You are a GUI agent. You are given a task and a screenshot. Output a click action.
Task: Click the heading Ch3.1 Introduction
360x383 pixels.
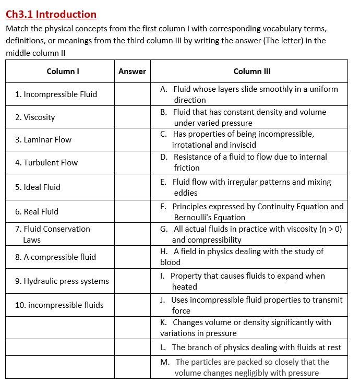(x=51, y=15)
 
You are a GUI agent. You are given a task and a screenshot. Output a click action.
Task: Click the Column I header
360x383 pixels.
(x=63, y=71)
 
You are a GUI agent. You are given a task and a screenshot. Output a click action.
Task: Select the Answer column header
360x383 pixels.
(x=132, y=71)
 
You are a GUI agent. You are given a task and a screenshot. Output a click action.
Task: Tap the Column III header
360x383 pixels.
(x=252, y=71)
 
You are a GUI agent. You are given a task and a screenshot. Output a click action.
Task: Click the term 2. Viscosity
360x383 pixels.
(x=35, y=117)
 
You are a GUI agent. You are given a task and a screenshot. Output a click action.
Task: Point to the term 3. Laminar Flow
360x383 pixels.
(x=43, y=140)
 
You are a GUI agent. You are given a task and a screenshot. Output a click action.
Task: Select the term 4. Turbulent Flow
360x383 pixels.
(x=46, y=163)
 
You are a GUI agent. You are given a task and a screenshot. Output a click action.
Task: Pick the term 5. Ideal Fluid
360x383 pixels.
(x=38, y=187)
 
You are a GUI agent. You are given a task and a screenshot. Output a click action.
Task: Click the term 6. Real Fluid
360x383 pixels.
(x=37, y=211)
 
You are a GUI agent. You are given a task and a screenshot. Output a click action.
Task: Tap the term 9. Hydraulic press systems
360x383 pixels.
(x=62, y=281)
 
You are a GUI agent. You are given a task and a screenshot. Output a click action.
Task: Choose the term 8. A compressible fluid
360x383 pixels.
(x=55, y=257)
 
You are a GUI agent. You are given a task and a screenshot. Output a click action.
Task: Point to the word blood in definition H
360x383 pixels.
(x=170, y=262)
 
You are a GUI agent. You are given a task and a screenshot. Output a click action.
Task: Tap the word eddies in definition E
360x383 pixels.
(x=186, y=193)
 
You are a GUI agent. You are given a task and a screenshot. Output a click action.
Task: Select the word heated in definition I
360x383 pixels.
(x=185, y=286)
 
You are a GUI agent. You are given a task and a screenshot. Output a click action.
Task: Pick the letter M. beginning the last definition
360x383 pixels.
(x=165, y=362)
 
